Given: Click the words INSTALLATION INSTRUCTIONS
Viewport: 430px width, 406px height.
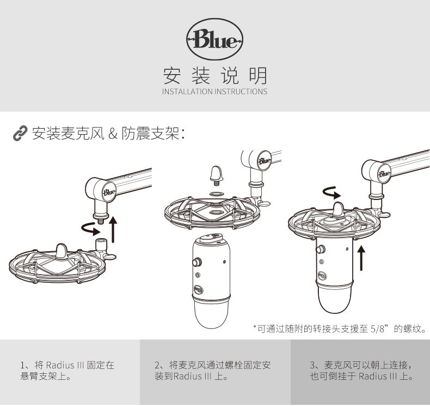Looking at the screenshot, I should click(214, 92).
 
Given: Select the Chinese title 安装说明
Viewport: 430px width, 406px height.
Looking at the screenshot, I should click(214, 75).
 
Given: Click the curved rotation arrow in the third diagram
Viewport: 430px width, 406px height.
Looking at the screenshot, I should click(330, 192).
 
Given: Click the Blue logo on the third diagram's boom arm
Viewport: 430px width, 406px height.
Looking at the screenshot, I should click(384, 174).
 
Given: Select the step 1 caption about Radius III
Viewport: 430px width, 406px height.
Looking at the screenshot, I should click(67, 370).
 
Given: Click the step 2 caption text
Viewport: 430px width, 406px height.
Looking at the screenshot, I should click(212, 370).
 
